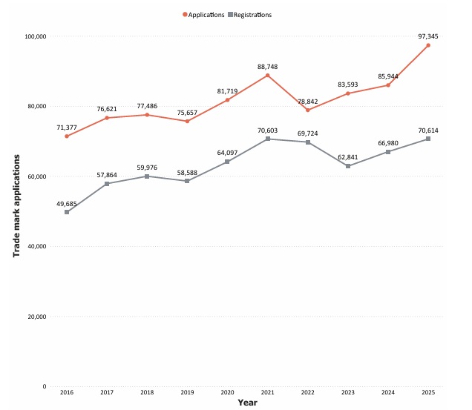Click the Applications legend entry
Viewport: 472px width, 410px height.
[203, 15]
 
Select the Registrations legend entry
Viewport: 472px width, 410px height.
[250, 15]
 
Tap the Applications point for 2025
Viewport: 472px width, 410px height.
[428, 45]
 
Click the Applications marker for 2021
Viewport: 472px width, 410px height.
[267, 76]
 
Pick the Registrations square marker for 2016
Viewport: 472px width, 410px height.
[67, 212]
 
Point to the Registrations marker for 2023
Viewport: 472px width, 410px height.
[348, 166]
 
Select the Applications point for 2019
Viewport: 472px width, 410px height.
[187, 122]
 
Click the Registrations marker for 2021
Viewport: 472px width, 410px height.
[268, 139]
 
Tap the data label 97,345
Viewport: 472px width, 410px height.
[428, 36]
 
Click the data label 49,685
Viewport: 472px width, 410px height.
[67, 204]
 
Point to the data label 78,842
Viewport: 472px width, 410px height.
[308, 102]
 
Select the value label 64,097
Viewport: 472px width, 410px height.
[227, 153]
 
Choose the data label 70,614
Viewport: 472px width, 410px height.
[428, 130]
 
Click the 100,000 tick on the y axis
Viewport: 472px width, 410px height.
[36, 36]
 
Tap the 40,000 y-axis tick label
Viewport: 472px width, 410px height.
[36, 246]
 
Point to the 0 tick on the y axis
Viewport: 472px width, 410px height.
[45, 386]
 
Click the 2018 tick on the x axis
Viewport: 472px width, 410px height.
[147, 392]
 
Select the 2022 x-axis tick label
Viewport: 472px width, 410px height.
[308, 392]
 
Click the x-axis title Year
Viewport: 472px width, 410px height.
[247, 403]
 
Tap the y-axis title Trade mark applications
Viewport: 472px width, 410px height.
[16, 206]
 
